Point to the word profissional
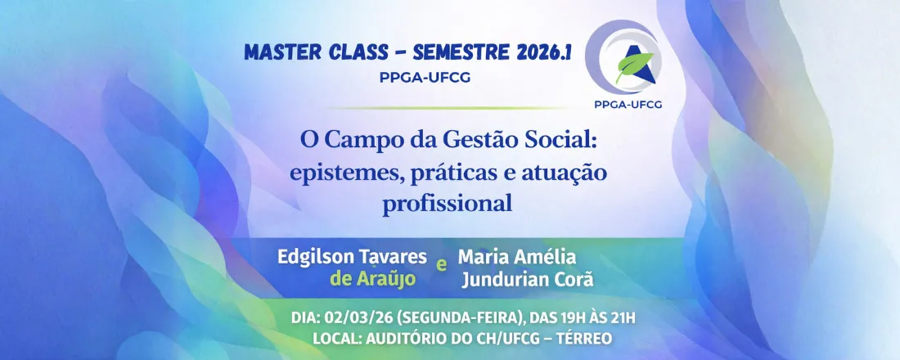(448, 203)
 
